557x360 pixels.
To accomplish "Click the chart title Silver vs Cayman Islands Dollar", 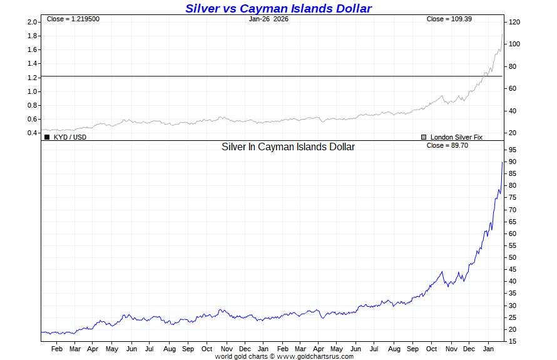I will [x=278, y=8].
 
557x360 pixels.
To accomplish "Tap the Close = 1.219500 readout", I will [x=73, y=19].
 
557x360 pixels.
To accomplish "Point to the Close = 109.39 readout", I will [x=449, y=19].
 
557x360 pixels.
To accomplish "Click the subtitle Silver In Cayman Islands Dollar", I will [x=289, y=147].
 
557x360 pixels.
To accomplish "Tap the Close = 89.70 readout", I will [x=447, y=145].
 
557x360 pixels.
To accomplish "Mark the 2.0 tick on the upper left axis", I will [x=33, y=22].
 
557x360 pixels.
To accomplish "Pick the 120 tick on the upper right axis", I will [x=515, y=22].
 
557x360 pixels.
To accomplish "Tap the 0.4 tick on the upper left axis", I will [x=33, y=133].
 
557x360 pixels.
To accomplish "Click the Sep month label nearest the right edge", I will [x=413, y=349].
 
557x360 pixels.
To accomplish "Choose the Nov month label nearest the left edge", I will [x=227, y=349].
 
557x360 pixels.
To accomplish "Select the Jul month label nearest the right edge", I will [x=374, y=349].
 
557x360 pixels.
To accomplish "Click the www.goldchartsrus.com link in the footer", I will [x=315, y=357].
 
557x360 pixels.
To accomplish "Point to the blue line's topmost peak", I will [x=502, y=162].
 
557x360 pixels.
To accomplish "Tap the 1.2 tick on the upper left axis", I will [x=33, y=78].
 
